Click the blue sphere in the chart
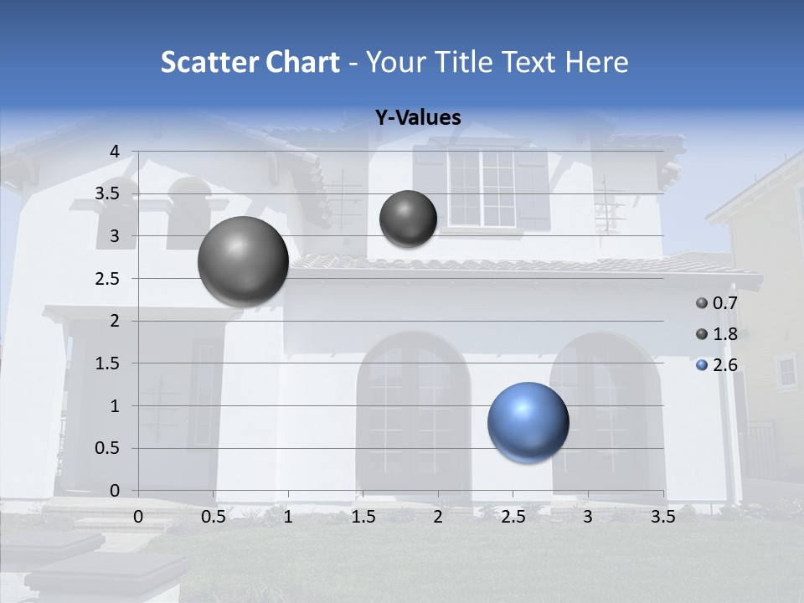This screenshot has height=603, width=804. click(528, 422)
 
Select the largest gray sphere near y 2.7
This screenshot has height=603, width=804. click(243, 261)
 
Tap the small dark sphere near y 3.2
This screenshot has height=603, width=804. click(408, 219)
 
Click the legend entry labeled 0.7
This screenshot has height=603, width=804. click(717, 303)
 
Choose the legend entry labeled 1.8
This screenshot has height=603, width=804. click(717, 334)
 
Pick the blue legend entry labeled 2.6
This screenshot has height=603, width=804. click(717, 365)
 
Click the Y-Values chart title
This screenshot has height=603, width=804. click(417, 118)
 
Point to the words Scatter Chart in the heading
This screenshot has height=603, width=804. click(250, 62)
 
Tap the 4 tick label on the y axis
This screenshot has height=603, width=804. click(115, 151)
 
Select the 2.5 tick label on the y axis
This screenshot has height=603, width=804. click(107, 278)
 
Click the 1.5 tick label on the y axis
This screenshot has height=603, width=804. click(107, 363)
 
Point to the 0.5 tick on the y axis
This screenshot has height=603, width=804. click(107, 448)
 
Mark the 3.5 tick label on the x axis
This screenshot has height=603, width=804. click(662, 517)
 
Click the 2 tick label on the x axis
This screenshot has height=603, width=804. click(438, 517)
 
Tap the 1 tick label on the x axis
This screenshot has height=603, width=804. click(288, 517)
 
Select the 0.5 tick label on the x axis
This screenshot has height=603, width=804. click(214, 517)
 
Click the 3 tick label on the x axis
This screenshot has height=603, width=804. click(588, 517)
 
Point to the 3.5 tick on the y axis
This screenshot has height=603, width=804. click(107, 193)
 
